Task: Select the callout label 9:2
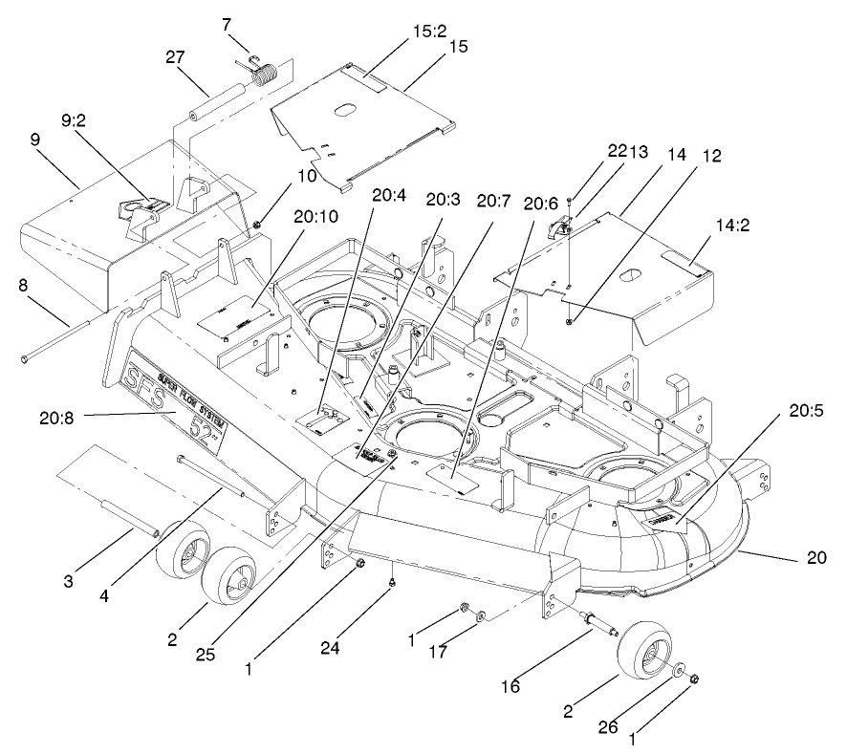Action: pyautogui.click(x=76, y=123)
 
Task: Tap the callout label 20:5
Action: pyautogui.click(x=805, y=412)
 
